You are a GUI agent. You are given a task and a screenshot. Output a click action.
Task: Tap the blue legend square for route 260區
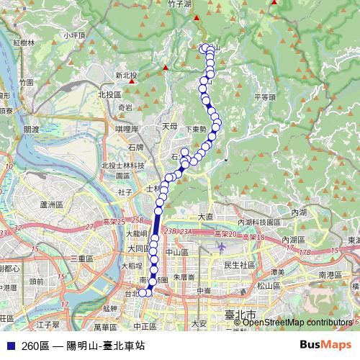(x=11, y=346)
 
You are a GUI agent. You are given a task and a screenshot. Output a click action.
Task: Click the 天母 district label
(x=169, y=126)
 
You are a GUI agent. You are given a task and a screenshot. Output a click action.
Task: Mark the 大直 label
(x=205, y=216)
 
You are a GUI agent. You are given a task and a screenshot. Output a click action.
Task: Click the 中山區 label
(x=177, y=253)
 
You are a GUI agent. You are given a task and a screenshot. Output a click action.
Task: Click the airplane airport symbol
(x=222, y=247)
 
